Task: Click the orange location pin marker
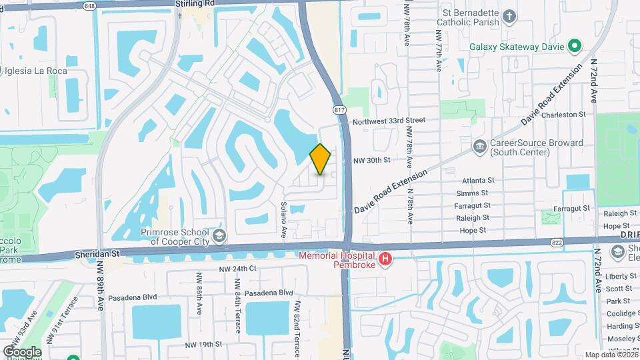click(x=320, y=159)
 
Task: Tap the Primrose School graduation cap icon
click(x=219, y=236)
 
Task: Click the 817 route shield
click(x=339, y=109)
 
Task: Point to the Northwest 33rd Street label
click(x=389, y=121)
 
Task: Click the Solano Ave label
click(x=283, y=219)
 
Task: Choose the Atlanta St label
click(x=478, y=181)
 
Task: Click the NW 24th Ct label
click(x=238, y=269)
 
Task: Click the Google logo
click(x=22, y=351)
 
